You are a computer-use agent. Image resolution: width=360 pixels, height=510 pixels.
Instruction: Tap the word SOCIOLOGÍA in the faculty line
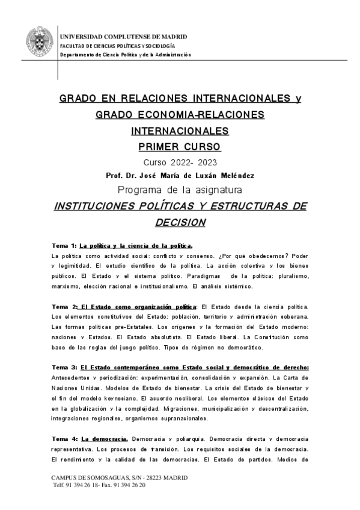(x=159, y=46)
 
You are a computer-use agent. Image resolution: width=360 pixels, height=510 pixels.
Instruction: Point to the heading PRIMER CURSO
(x=180, y=147)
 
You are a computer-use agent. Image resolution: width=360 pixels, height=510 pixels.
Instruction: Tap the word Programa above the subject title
(x=139, y=190)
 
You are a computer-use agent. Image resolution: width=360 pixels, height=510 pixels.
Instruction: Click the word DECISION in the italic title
(x=180, y=222)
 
